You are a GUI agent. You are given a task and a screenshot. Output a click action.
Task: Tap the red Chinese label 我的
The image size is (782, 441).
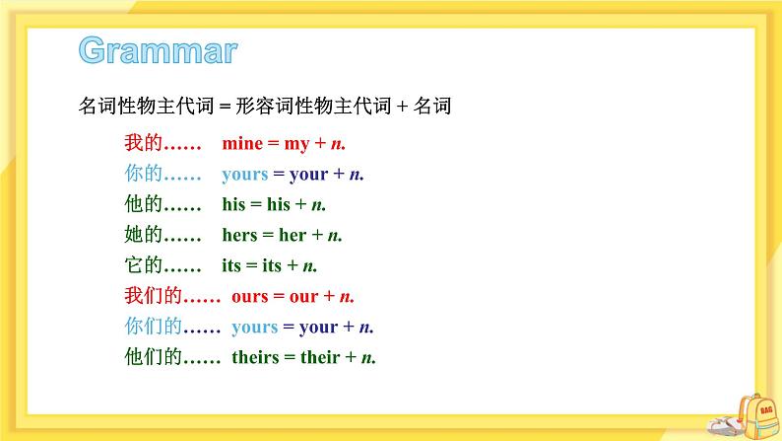(143, 144)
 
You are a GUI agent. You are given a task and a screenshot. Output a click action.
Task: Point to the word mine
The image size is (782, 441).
(242, 144)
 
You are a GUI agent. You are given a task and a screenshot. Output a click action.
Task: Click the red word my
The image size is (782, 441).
(296, 144)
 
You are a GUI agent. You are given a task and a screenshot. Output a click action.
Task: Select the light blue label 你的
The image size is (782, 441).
(143, 175)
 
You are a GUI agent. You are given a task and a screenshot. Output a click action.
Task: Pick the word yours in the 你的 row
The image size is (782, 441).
(245, 175)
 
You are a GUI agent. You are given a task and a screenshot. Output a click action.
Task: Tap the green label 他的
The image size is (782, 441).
(143, 205)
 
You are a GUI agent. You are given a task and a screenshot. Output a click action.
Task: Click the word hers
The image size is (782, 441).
(240, 236)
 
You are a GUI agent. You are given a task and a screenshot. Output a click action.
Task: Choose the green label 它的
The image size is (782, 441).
(143, 266)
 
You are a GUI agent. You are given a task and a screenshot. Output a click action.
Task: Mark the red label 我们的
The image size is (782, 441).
(152, 296)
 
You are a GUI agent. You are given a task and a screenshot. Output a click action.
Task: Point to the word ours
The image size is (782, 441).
(251, 296)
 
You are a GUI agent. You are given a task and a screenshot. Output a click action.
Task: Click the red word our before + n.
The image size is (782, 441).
(304, 296)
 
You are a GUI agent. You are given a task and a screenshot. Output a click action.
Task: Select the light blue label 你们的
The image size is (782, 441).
(152, 327)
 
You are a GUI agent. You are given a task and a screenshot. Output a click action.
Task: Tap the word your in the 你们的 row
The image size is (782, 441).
(318, 327)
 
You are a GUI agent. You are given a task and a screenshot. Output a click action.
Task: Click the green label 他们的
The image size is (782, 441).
(152, 357)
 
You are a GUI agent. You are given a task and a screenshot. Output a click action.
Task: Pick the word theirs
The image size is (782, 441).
(256, 357)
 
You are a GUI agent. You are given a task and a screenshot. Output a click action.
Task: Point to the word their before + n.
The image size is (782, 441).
(320, 357)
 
